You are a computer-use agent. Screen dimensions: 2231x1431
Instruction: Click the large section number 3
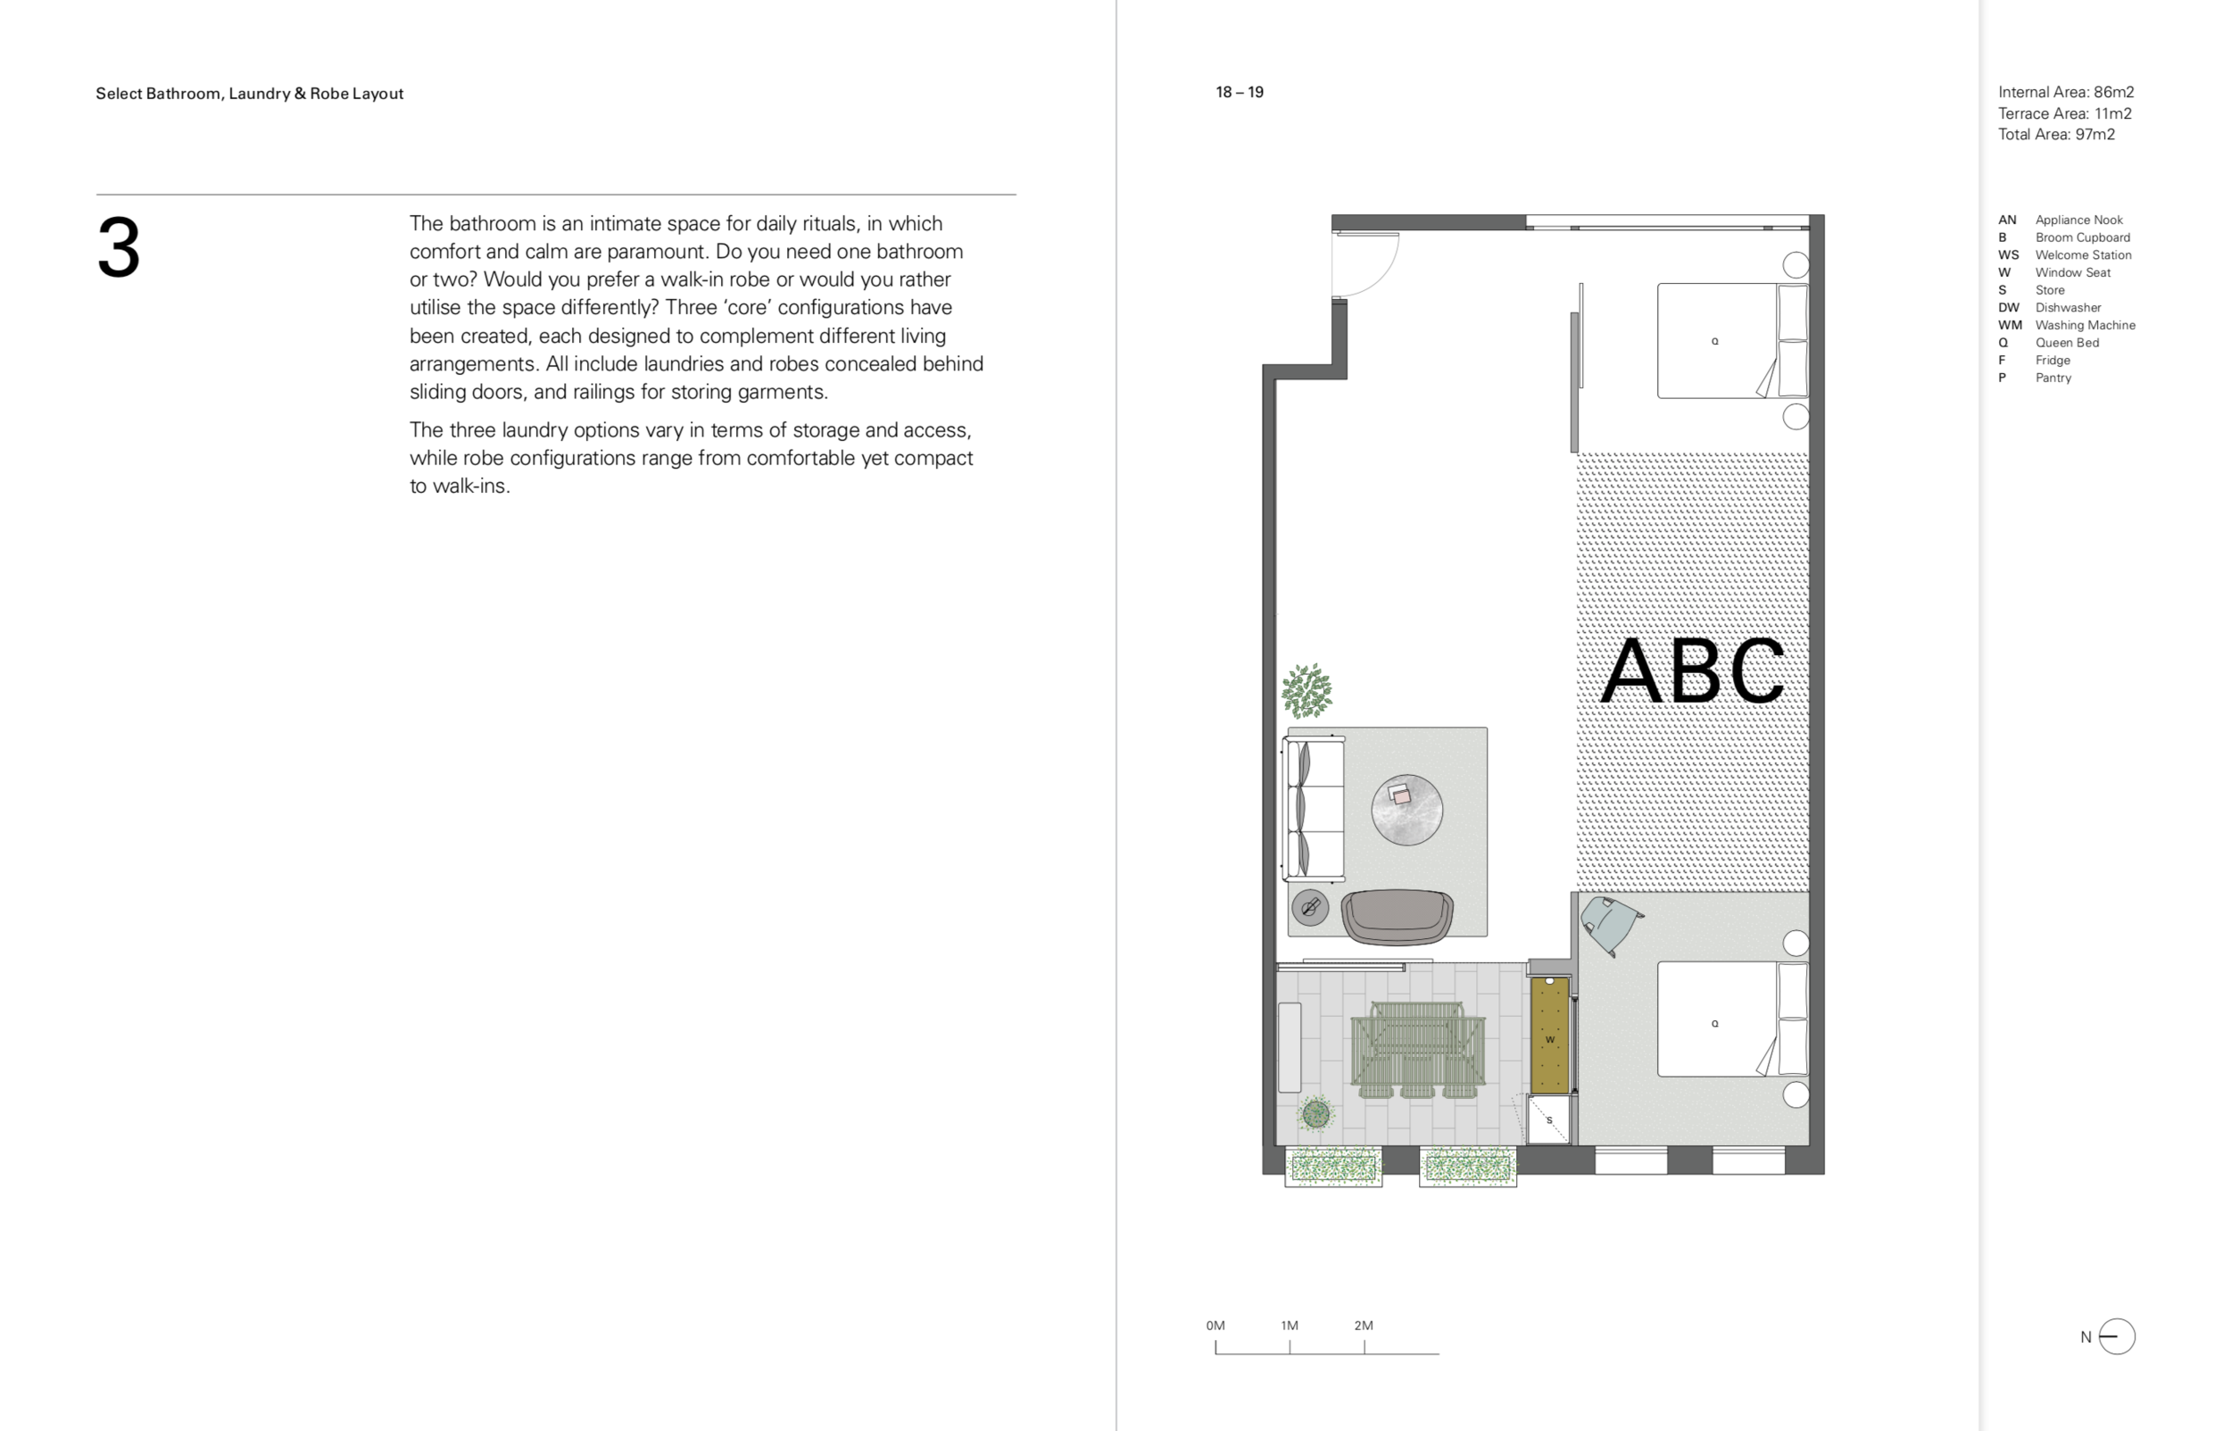[118, 247]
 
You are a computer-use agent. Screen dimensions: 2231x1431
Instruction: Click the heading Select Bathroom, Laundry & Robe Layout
[249, 93]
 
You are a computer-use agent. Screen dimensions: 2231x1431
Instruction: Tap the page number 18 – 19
[1239, 92]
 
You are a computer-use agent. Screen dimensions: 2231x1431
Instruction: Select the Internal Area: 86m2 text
[2066, 92]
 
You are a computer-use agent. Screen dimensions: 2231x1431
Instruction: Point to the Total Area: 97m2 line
[2056, 134]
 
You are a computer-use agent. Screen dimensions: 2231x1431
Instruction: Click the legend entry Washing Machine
[2086, 325]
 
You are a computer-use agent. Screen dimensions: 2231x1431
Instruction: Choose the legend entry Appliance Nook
[2078, 220]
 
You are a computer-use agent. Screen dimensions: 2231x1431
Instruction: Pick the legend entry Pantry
[2053, 379]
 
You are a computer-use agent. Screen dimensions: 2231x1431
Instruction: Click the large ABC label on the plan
[1692, 671]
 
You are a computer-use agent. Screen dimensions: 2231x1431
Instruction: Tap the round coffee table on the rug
[1406, 810]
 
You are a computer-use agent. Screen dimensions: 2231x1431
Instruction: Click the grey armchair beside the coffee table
[1397, 917]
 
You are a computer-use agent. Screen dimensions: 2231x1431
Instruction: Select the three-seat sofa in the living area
[1313, 808]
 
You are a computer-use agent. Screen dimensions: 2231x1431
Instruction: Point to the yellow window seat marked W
[1549, 1035]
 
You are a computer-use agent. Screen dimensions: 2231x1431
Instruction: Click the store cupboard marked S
[1548, 1119]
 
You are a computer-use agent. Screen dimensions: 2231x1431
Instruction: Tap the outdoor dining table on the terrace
[1417, 1051]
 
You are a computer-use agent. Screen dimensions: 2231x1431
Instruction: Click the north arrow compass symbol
[2117, 1337]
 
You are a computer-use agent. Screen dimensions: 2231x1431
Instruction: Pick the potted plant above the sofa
[1306, 690]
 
